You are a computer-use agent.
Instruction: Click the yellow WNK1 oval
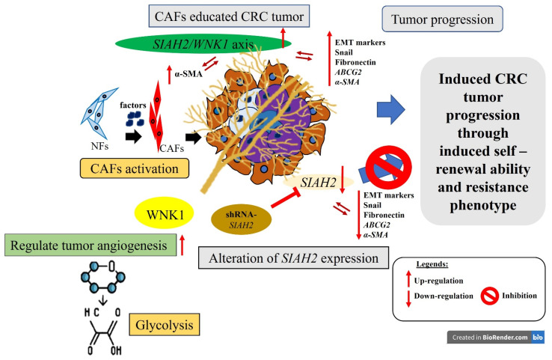[165, 213]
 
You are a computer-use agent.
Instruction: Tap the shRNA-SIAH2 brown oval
[241, 219]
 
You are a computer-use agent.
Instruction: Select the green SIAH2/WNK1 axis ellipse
[203, 43]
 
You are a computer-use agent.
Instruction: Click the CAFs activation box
[135, 168]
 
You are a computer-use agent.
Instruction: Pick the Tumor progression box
[442, 19]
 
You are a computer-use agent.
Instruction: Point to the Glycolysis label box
[165, 324]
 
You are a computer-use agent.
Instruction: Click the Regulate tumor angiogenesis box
[90, 245]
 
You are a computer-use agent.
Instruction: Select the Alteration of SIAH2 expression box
[294, 258]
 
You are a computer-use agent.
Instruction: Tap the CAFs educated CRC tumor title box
[229, 16]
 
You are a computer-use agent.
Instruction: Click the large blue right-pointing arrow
[390, 109]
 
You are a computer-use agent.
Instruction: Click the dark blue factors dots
[135, 119]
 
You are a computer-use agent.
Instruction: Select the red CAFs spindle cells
[156, 116]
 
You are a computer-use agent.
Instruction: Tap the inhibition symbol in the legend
[490, 296]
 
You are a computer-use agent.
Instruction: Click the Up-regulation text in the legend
[438, 281]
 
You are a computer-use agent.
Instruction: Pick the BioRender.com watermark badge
[496, 337]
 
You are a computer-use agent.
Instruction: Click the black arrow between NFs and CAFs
[133, 136]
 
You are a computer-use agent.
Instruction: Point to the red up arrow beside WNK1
[182, 245]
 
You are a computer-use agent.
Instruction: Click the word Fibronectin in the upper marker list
[355, 62]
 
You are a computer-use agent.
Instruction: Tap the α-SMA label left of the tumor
[188, 74]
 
